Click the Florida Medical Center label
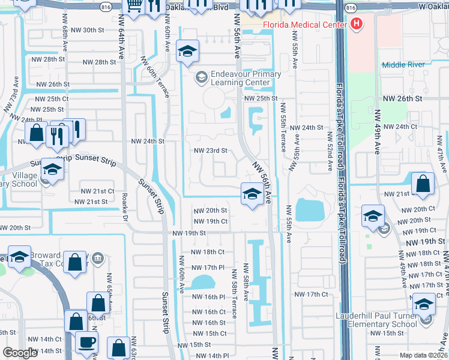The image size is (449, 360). coord(304,25)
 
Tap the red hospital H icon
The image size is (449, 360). coord(357,25)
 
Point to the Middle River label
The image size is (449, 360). coord(403,64)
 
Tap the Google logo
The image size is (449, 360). coord(19,353)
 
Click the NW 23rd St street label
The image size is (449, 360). coord(210,151)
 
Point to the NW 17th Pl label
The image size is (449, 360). coord(208,267)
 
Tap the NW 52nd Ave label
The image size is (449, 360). coord(330,157)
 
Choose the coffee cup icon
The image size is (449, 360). coord(86,343)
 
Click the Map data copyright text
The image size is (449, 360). coord(423,355)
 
